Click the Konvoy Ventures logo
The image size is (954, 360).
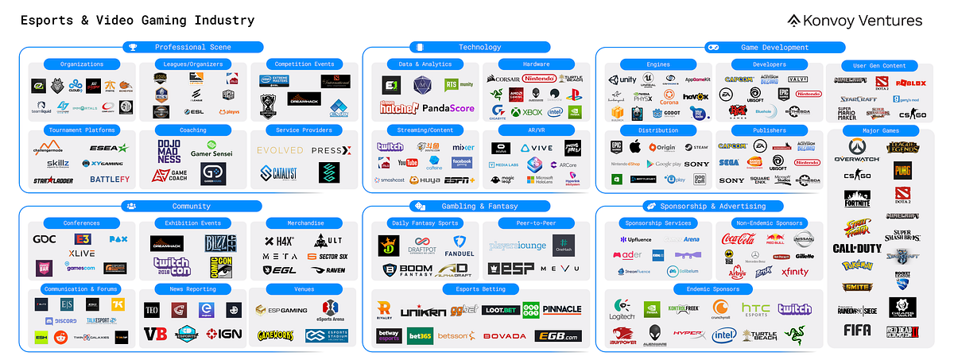855,21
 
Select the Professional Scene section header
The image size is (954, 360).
192,48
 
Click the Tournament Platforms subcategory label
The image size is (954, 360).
82,130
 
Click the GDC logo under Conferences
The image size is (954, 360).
44,239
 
